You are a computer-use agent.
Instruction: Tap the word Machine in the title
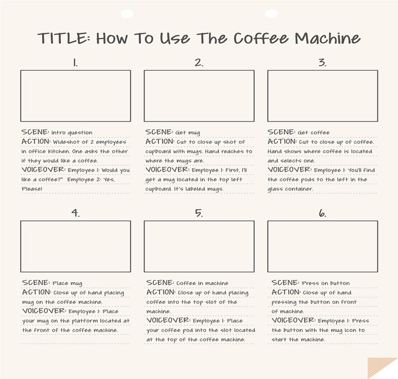[x=327, y=39]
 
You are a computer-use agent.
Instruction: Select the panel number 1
[x=76, y=62]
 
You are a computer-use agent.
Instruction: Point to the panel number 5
[x=199, y=213]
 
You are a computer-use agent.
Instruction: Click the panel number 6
[x=322, y=213]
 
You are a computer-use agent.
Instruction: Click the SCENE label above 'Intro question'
[x=35, y=132]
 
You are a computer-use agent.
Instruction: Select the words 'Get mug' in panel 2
[x=188, y=132]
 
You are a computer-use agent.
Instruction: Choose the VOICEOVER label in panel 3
[x=290, y=169]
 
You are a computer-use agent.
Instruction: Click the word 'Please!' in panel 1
[x=32, y=189]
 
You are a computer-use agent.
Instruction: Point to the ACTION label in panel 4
[x=36, y=292]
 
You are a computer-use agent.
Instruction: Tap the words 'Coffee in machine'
[x=202, y=283]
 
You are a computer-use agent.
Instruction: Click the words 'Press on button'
[x=326, y=283]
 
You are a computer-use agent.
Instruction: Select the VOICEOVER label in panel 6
[x=293, y=320]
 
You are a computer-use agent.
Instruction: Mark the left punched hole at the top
[x=127, y=13]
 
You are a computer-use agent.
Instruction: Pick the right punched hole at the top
[x=271, y=13]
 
